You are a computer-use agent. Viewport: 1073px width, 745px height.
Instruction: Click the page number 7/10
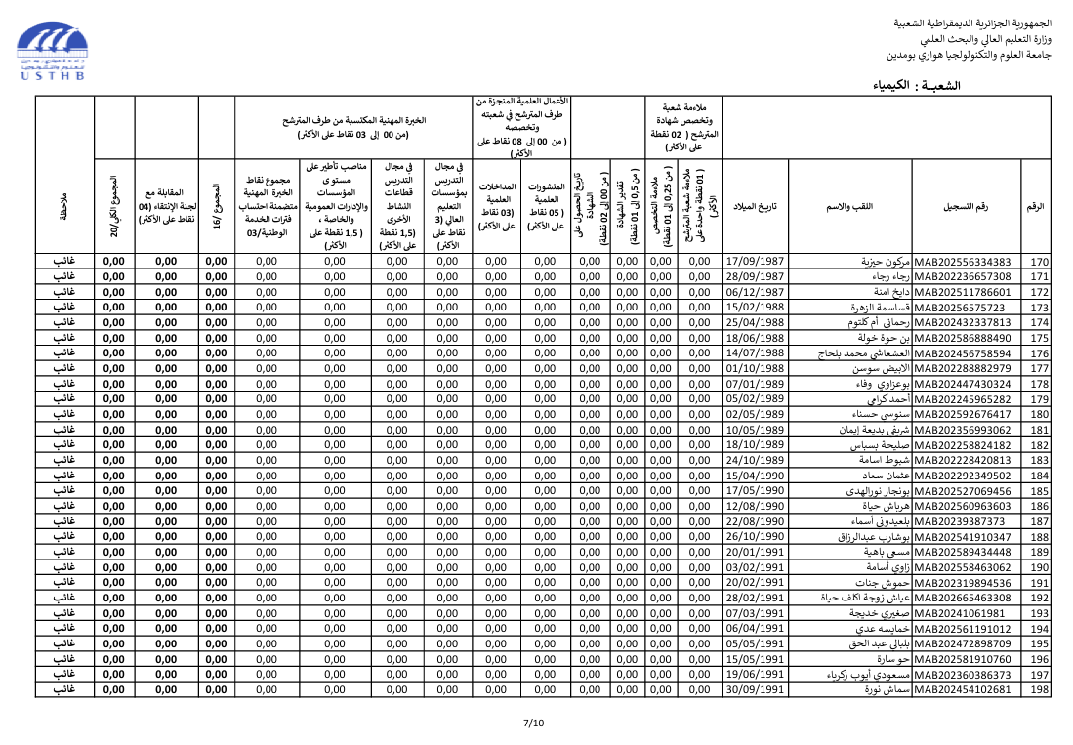[534, 724]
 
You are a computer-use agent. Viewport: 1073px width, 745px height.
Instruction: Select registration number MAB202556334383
[963, 262]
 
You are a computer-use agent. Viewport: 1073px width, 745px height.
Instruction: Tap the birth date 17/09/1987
[756, 262]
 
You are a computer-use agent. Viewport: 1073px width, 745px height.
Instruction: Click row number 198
[1039, 690]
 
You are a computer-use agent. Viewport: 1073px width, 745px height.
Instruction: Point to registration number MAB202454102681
[963, 690]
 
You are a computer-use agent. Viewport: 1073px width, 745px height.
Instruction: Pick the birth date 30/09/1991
[756, 690]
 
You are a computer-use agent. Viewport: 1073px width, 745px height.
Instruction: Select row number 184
[1039, 476]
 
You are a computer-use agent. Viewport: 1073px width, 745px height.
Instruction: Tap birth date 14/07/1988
[756, 353]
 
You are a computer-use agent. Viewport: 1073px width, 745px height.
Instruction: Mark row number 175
[1039, 338]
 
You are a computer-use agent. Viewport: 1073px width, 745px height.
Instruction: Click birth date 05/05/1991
[756, 644]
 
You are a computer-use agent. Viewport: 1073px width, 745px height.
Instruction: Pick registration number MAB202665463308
[963, 599]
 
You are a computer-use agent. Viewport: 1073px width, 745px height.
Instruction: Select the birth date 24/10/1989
[756, 461]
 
